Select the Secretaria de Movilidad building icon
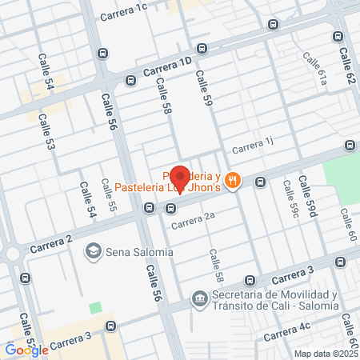[198, 301]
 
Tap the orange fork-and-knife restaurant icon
[232, 181]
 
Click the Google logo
[26, 350]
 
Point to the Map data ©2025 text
[326, 354]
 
